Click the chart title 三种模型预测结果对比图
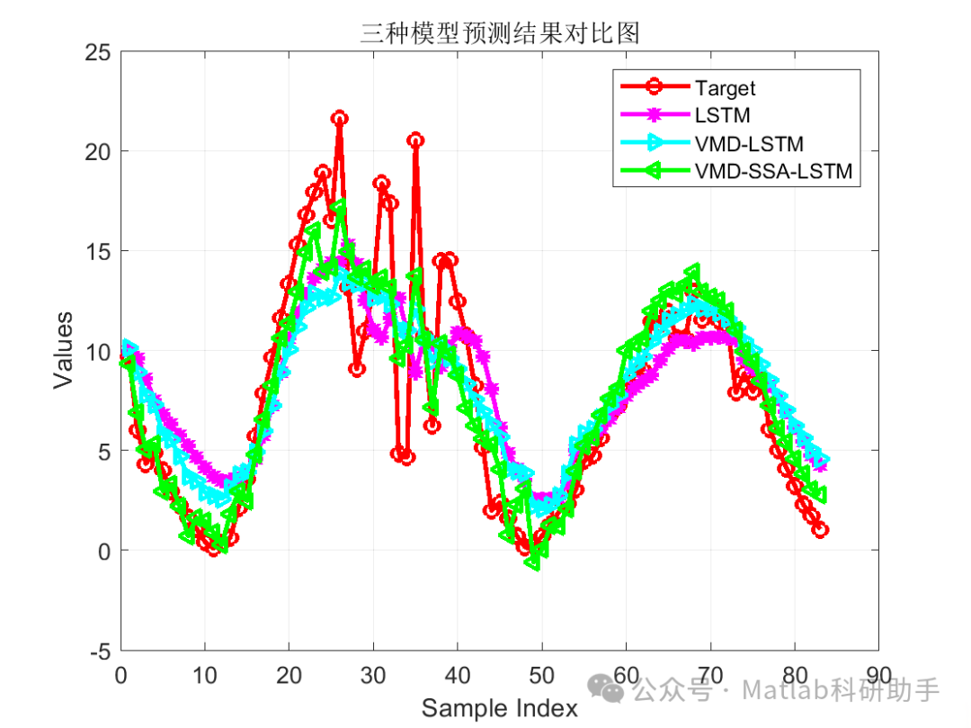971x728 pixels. pyautogui.click(x=500, y=33)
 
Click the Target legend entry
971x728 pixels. pyautogui.click(x=725, y=87)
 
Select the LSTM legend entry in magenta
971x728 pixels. pyautogui.click(x=722, y=115)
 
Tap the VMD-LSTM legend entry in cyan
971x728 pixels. pyautogui.click(x=748, y=143)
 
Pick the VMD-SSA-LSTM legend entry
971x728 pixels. pyautogui.click(x=772, y=171)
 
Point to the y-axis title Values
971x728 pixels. pyautogui.click(x=63, y=349)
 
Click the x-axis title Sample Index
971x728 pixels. pyautogui.click(x=500, y=708)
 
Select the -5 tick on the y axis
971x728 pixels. pyautogui.click(x=101, y=650)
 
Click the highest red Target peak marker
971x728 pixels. pyautogui.click(x=339, y=118)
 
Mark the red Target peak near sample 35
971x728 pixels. pyautogui.click(x=415, y=139)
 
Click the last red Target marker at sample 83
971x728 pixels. pyautogui.click(x=820, y=530)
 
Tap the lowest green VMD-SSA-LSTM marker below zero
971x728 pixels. pyautogui.click(x=532, y=562)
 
